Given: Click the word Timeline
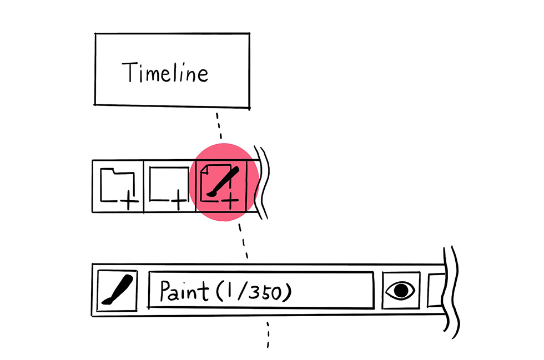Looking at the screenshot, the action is tap(165, 72).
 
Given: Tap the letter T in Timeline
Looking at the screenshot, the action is tap(128, 72).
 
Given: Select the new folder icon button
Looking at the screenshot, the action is tap(118, 186).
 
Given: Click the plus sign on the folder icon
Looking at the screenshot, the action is tap(129, 200).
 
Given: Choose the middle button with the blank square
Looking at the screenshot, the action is tap(170, 186).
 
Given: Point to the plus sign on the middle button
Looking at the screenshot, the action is tap(178, 200).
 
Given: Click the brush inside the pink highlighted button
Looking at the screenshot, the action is tap(223, 182).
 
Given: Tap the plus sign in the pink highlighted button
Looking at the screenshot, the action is tap(230, 200).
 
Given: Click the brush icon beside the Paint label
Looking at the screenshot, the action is tap(117, 290).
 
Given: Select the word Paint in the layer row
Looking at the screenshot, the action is tap(184, 291).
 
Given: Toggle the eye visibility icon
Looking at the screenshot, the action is tap(400, 290).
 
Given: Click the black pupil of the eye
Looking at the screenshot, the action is tap(401, 290).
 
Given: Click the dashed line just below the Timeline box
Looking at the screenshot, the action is tap(219, 125).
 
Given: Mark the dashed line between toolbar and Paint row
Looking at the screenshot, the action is tap(243, 241).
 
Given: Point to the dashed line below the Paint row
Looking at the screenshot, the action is tap(268, 334).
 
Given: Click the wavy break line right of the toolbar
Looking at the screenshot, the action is tap(262, 182).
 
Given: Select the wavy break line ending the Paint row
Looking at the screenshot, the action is tap(451, 292).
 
